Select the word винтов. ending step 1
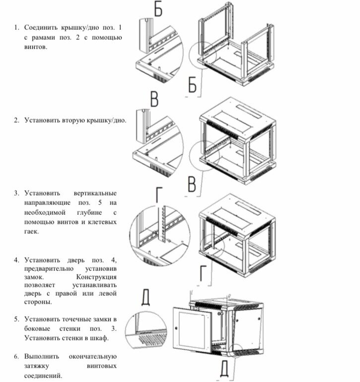click(36, 48)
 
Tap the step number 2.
click(16, 120)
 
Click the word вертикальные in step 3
click(94, 192)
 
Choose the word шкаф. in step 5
click(99, 338)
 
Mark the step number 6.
click(16, 356)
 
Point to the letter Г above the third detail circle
click(158, 194)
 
